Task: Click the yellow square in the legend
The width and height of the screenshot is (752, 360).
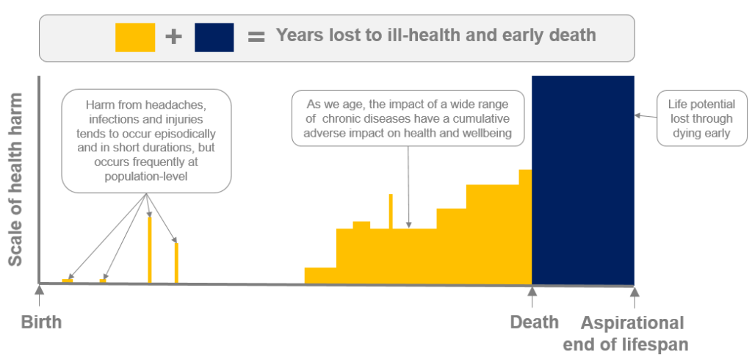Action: coord(135,37)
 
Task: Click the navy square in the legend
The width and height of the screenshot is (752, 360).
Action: coord(214,37)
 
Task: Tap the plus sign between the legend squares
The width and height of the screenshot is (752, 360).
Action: coord(174,37)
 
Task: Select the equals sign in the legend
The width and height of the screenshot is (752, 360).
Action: coord(256,37)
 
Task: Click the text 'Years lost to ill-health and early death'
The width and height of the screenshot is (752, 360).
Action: coord(435,35)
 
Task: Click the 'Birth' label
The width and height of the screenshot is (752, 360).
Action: coord(41,323)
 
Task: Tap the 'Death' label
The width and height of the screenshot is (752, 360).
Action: coord(535,323)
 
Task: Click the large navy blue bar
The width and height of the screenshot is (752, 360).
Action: coord(582,180)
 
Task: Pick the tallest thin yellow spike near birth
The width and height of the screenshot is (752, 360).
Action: coord(150,249)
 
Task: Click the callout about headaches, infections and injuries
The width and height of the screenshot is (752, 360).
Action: coord(146,142)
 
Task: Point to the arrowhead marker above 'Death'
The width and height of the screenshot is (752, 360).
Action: coord(532,293)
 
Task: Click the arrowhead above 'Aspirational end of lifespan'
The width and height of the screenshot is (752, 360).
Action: coord(634,293)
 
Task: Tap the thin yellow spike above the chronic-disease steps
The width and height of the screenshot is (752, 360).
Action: coord(391,211)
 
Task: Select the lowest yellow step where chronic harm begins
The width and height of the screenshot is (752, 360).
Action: coord(320,276)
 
